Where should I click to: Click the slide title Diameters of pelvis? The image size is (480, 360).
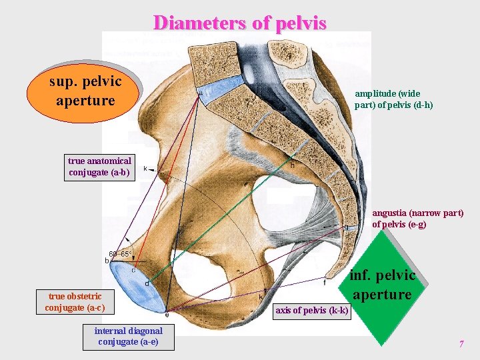point(240,23)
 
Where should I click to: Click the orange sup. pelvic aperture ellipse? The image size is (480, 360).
point(85,91)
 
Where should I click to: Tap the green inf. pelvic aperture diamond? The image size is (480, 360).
point(383,285)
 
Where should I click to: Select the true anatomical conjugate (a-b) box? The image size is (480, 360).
point(100,167)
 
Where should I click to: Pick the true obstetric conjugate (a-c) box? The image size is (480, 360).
point(73,302)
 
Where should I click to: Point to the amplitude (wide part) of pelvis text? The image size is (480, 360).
point(393,99)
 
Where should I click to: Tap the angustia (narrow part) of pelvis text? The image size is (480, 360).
point(417,219)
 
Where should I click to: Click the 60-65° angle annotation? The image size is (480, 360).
point(121,254)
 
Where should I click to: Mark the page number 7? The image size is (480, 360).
point(461,344)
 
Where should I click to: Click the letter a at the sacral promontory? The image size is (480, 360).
point(200,94)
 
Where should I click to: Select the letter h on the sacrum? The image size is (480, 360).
point(292,165)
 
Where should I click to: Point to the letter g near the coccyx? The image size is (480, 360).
point(346,227)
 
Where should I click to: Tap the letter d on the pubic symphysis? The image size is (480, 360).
point(147,283)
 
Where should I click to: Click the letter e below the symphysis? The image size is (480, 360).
point(167,315)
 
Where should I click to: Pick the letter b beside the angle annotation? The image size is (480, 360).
point(107,261)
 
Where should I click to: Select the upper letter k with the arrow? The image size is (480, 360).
point(145,169)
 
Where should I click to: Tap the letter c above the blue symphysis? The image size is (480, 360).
point(133,269)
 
